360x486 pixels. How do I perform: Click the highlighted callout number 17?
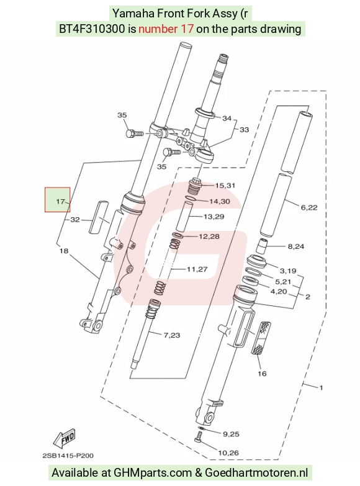pyautogui.click(x=60, y=202)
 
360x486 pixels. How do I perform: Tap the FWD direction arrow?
pyautogui.click(x=65, y=438)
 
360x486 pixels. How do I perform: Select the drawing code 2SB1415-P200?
pyautogui.click(x=68, y=456)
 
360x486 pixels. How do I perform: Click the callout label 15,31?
pyautogui.click(x=225, y=186)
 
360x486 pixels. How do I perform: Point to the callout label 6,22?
pyautogui.click(x=309, y=207)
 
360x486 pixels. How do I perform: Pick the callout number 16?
pyautogui.click(x=262, y=374)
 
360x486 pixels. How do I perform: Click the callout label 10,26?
pyautogui.click(x=228, y=453)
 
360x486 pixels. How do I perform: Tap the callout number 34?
pyautogui.click(x=227, y=118)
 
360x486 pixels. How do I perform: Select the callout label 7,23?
pyautogui.click(x=172, y=335)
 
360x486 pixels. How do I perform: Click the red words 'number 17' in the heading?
pyautogui.click(x=166, y=29)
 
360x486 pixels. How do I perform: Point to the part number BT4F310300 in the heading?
pyautogui.click(x=92, y=29)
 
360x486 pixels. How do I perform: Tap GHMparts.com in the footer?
pyautogui.click(x=153, y=473)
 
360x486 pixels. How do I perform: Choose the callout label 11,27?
pyautogui.click(x=197, y=269)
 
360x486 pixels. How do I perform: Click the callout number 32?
pyautogui.click(x=75, y=220)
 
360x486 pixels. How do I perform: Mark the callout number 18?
pyautogui.click(x=63, y=251)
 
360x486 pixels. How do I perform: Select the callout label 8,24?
pyautogui.click(x=296, y=246)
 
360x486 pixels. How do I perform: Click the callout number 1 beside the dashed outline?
pyautogui.click(x=322, y=387)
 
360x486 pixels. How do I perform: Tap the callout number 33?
pyautogui.click(x=245, y=130)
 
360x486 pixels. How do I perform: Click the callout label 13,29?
pyautogui.click(x=214, y=217)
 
